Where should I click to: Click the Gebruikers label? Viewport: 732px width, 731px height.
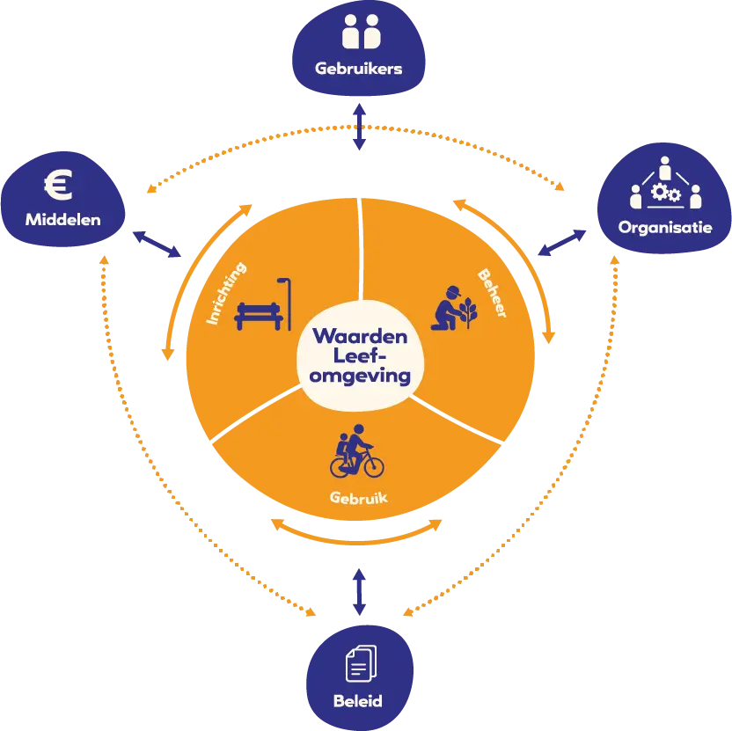[x=359, y=68]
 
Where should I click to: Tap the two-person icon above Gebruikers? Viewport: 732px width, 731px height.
[x=359, y=33]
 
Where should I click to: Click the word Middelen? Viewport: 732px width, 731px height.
[x=62, y=219]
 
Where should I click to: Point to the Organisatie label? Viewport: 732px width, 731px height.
[x=664, y=227]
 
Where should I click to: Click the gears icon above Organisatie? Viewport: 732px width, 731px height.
[x=664, y=189]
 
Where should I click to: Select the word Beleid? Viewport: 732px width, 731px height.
[x=358, y=701]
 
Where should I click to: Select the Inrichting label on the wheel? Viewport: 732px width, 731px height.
[x=226, y=294]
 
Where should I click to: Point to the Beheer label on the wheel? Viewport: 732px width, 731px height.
[x=491, y=293]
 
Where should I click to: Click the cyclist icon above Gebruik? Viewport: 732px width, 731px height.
[x=356, y=451]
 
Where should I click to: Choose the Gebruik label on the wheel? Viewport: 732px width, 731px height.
[x=358, y=498]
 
